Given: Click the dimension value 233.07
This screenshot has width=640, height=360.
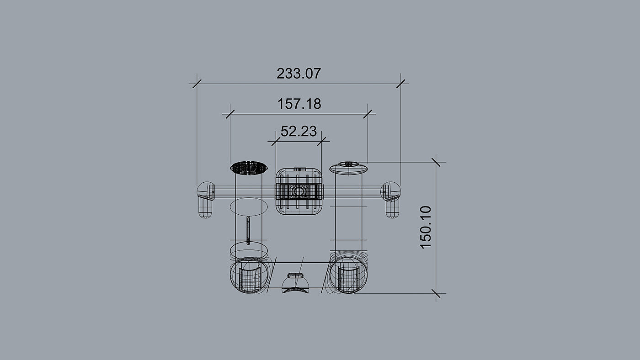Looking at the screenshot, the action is coord(299,74).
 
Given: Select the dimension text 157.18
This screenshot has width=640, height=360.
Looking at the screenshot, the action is coord(299,104).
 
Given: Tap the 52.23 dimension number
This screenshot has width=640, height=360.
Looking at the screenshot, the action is coord(299,131).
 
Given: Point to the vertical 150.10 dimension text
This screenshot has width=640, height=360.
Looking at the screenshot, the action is coord(426,227).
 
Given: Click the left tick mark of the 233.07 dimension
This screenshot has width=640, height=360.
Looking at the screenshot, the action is coord(197,84).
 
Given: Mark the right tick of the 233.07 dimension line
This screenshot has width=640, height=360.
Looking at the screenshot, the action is coord(400,84).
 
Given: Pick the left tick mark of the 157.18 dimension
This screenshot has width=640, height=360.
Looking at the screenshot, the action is coord(230,114).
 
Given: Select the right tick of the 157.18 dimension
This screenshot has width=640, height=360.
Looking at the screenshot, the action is coord(368,114).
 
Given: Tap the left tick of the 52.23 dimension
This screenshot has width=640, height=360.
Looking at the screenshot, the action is coord(276,141).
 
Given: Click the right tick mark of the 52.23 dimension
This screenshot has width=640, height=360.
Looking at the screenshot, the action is coord(321,141).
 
